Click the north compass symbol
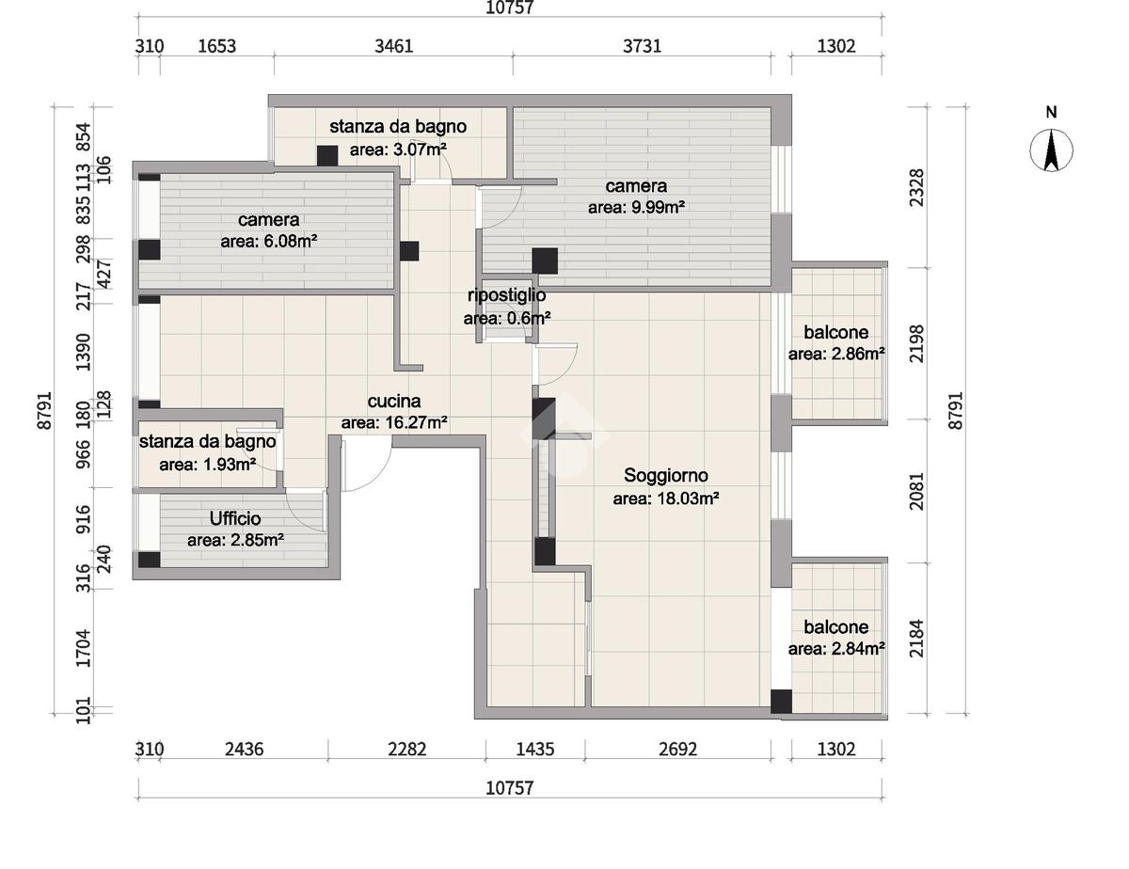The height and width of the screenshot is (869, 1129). (1051, 151)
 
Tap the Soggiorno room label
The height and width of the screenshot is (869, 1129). (665, 475)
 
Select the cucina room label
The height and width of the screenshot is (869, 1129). (394, 402)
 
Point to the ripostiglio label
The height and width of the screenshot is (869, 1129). (506, 295)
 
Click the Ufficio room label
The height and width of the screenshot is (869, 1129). (235, 518)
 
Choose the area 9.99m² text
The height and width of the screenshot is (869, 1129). (636, 208)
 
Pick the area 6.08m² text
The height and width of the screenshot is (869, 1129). (269, 242)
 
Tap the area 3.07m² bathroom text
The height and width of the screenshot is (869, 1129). (398, 150)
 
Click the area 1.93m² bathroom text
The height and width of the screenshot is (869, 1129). (207, 465)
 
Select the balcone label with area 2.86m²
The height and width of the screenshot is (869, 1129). (836, 332)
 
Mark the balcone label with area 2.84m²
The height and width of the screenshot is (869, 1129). (836, 627)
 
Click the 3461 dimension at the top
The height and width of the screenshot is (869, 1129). (394, 46)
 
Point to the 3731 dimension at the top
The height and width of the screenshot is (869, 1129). (643, 46)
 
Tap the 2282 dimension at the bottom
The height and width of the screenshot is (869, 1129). (406, 749)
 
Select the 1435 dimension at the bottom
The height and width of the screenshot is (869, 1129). (535, 749)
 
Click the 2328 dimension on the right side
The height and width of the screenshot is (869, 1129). (917, 188)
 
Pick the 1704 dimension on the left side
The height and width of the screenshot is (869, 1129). (83, 648)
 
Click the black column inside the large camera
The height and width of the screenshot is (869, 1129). (545, 261)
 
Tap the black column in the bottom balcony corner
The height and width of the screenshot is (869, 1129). (781, 702)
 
